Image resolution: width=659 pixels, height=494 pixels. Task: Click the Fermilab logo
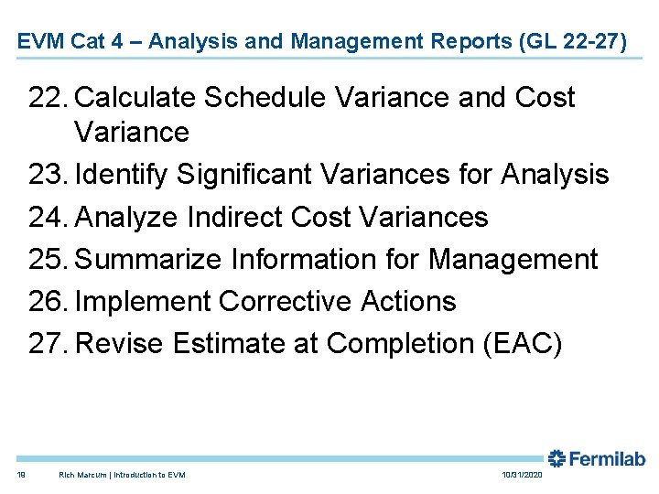pyautogui.click(x=596, y=459)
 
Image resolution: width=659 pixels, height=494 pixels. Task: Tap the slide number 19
pyautogui.click(x=21, y=475)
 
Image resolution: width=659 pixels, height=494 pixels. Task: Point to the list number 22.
pyautogui.click(x=48, y=98)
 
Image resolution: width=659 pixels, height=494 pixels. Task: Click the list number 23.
pyautogui.click(x=48, y=174)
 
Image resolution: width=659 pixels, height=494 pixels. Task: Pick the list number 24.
pyautogui.click(x=48, y=217)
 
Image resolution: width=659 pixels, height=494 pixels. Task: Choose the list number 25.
pyautogui.click(x=48, y=259)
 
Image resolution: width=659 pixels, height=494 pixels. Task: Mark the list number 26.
pyautogui.click(x=48, y=301)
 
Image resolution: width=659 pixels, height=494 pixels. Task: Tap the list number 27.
pyautogui.click(x=48, y=343)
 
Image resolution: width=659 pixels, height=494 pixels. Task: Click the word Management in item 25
pyautogui.click(x=513, y=259)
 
